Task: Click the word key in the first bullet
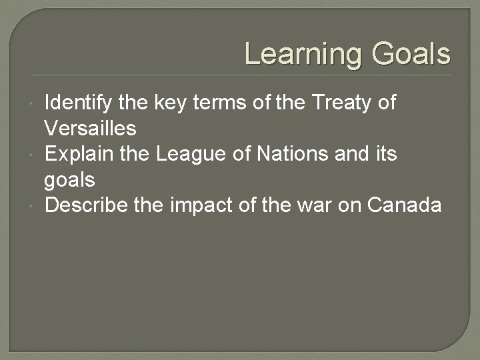point(171,103)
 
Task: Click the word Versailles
point(90,128)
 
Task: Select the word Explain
point(75,154)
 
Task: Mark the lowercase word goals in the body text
point(69,180)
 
